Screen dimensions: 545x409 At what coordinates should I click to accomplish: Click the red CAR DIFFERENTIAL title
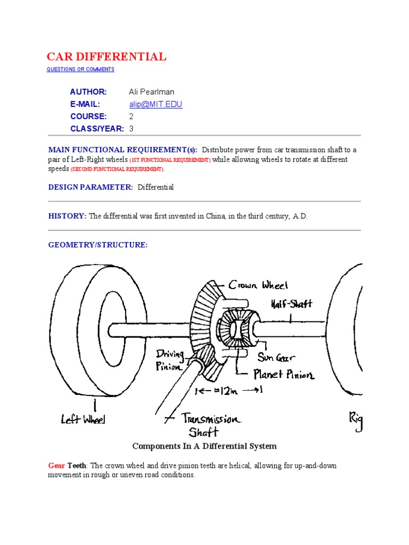[107, 57]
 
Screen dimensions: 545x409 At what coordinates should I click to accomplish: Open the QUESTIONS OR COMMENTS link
[80, 70]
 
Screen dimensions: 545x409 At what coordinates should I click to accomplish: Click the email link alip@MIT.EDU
[156, 104]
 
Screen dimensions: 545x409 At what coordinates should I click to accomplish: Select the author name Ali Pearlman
[151, 92]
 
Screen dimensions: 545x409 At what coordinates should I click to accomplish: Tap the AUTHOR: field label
[88, 92]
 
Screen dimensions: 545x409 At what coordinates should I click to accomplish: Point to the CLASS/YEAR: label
[97, 128]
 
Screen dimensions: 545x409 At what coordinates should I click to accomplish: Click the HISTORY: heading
[67, 216]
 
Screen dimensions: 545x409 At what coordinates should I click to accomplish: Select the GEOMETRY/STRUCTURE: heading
[97, 245]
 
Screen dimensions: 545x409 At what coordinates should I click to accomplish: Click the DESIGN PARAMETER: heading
[91, 187]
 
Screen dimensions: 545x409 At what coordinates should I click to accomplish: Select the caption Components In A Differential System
[204, 446]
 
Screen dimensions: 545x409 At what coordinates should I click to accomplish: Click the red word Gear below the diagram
[56, 466]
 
